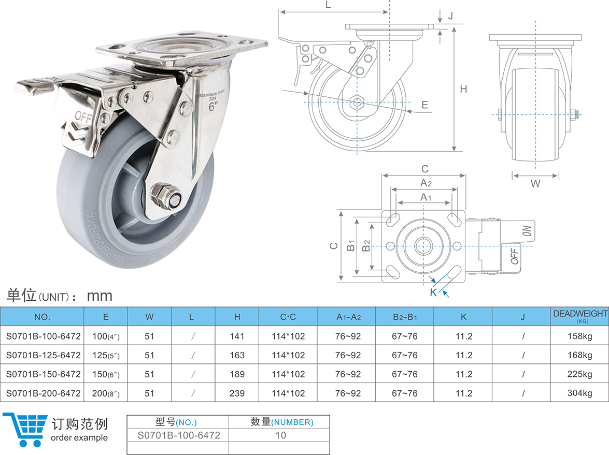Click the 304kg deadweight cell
580,393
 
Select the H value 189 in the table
237,374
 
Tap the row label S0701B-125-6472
43,355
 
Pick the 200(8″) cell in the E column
106,393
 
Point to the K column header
463,316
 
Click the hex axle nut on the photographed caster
164,197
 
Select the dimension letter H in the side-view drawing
463,89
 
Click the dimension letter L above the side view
328,5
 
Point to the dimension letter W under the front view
535,183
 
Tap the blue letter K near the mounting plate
433,292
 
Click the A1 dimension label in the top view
425,197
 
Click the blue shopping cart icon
24,429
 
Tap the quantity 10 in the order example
280,435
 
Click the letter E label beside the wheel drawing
424,105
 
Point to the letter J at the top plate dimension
450,16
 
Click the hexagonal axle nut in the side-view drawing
357,101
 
